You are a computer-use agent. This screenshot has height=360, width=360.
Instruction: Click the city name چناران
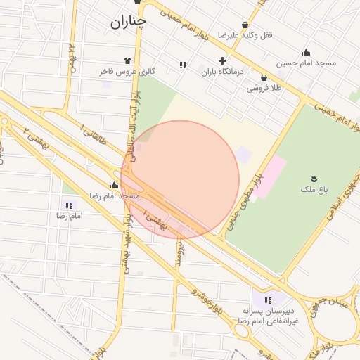point(128,22)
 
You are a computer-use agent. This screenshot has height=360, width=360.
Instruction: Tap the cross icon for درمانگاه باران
point(223,60)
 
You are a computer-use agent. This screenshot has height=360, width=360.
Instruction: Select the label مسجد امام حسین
point(306,63)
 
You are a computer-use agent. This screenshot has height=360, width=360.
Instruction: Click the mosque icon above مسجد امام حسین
point(306,52)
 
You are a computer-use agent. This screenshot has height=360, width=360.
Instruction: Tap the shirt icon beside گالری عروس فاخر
point(127,60)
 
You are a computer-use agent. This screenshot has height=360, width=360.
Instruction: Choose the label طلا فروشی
point(264,89)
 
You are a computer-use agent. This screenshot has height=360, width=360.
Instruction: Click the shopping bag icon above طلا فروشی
point(264,77)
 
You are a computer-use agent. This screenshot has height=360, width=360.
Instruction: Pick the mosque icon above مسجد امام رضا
point(113,185)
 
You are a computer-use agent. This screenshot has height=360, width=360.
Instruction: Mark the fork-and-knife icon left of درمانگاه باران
point(183,65)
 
